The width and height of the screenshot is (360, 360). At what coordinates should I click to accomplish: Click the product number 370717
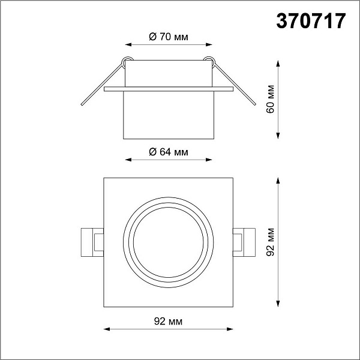click(311, 21)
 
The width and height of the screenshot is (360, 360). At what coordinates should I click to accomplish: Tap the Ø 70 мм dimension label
click(169, 37)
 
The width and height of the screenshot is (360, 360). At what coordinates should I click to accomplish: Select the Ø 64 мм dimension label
click(169, 152)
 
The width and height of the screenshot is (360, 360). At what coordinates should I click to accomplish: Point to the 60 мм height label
click(271, 99)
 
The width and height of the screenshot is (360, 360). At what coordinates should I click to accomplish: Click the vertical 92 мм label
click(271, 242)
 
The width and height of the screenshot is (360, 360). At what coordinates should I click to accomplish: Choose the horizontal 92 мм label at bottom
click(168, 322)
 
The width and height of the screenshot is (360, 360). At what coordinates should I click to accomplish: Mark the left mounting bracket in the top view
click(92, 242)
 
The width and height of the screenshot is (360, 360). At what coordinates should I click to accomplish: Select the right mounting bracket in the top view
click(244, 242)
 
